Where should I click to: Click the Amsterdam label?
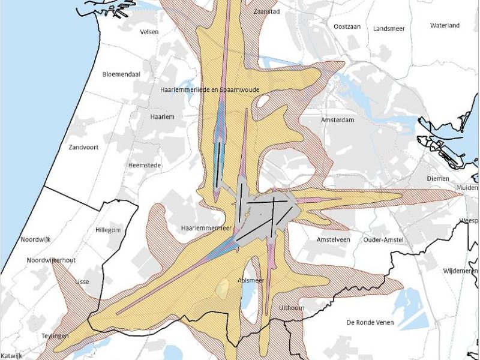point(334,120)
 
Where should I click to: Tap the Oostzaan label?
point(346,26)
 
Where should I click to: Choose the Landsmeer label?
point(389,28)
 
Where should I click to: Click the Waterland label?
point(445,25)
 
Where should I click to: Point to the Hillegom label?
point(108,230)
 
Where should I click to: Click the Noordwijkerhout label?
point(51,260)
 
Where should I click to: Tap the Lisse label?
point(81,281)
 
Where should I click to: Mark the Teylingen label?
point(55,336)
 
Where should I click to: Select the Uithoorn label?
point(293,308)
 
